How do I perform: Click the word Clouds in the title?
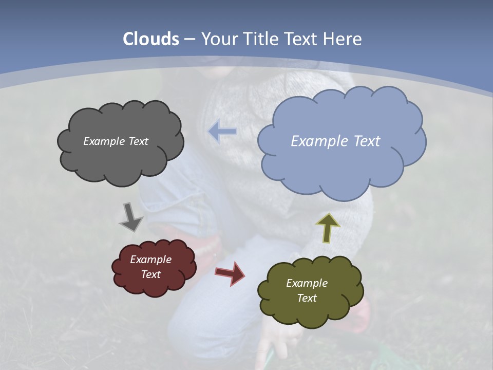151,39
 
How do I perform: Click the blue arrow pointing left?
222,132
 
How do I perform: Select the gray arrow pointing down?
131,217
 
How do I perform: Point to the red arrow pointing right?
230,273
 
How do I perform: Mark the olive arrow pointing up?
327,227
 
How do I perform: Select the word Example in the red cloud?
150,260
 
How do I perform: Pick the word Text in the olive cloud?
307,298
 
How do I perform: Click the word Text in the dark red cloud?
151,274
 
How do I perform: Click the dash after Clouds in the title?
189,40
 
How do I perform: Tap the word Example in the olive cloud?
307,283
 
